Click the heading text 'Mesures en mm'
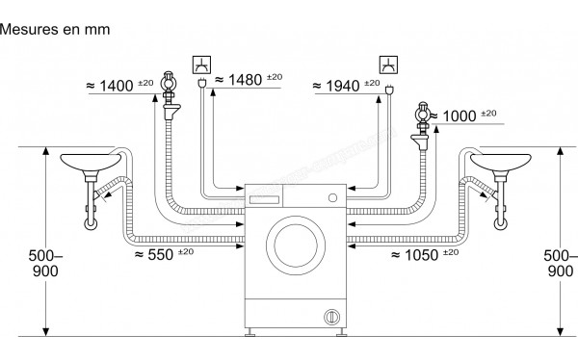tap(55, 29)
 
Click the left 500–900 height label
tap(38, 264)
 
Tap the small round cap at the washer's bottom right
tap(331, 315)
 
